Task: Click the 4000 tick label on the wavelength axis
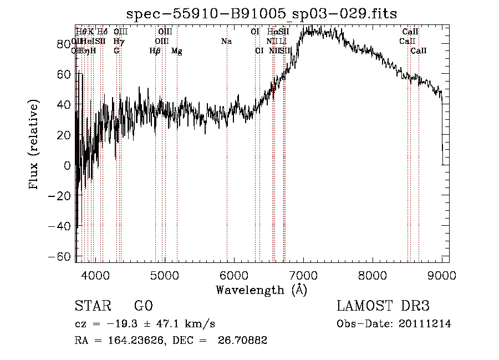95,275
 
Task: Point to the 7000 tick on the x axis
303,275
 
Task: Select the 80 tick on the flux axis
64,44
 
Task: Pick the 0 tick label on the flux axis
68,165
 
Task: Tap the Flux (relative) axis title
34,145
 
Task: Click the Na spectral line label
226,42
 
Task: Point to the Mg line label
177,51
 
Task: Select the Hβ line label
155,51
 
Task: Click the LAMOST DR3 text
383,306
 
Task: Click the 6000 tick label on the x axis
234,275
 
